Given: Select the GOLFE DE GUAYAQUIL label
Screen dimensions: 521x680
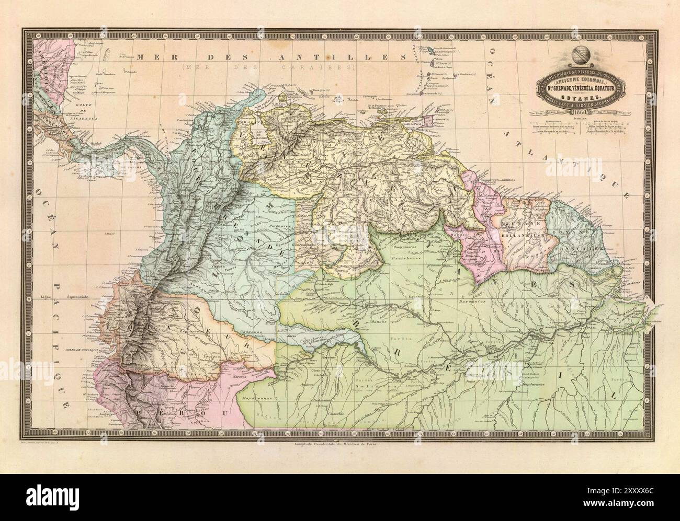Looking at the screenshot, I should pos(89,349).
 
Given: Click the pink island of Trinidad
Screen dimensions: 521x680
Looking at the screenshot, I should pos(427,121).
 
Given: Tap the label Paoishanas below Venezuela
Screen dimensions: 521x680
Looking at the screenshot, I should pos(403,250).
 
